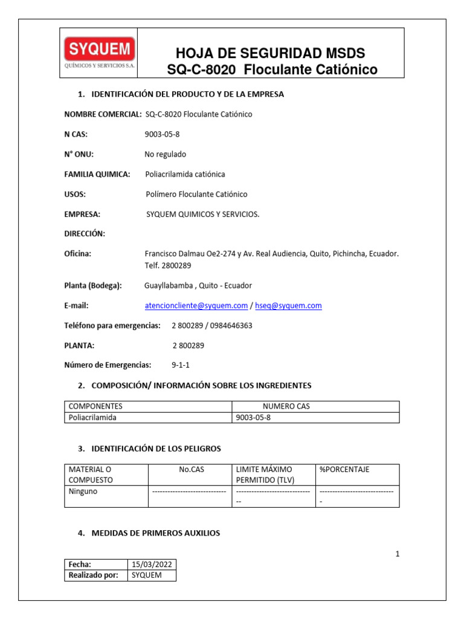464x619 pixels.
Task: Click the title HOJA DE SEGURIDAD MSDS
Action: pyautogui.click(x=269, y=53)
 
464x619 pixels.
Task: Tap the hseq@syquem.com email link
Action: pyautogui.click(x=288, y=306)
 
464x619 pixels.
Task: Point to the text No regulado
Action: pyautogui.click(x=165, y=154)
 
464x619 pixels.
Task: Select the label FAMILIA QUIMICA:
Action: pyautogui.click(x=97, y=174)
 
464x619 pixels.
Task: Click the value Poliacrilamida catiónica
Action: pyautogui.click(x=185, y=174)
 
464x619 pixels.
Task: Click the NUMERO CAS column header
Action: pyautogui.click(x=286, y=406)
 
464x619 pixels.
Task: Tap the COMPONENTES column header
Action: pyautogui.click(x=95, y=406)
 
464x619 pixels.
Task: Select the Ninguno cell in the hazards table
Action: pyautogui.click(x=83, y=491)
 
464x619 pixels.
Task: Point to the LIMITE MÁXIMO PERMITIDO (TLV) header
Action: pyautogui.click(x=264, y=475)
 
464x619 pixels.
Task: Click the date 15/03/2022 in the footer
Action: pyautogui.click(x=152, y=564)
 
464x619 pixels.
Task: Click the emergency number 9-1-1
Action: pyautogui.click(x=181, y=365)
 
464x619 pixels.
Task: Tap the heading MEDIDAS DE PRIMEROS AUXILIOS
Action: pyautogui.click(x=155, y=533)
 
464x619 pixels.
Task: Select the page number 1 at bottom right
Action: pyautogui.click(x=397, y=554)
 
